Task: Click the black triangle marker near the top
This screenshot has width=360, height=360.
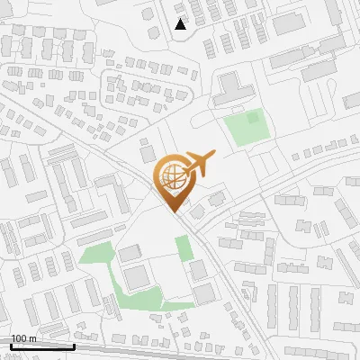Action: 181,24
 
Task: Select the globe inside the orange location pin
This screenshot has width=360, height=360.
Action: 173,174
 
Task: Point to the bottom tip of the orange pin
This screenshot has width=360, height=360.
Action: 174,211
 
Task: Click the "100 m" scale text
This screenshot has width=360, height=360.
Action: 23,338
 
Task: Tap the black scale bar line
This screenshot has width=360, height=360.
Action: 42,346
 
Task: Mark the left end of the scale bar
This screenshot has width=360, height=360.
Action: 11,346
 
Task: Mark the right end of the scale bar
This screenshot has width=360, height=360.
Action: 74,346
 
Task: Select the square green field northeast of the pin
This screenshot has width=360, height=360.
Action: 244,129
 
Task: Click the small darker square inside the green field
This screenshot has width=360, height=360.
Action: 253,116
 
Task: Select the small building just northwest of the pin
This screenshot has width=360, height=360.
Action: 148,155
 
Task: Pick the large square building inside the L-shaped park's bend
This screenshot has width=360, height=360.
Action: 135,278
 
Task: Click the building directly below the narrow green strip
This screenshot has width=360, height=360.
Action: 198,271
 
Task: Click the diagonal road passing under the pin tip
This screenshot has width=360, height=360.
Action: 193,225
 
